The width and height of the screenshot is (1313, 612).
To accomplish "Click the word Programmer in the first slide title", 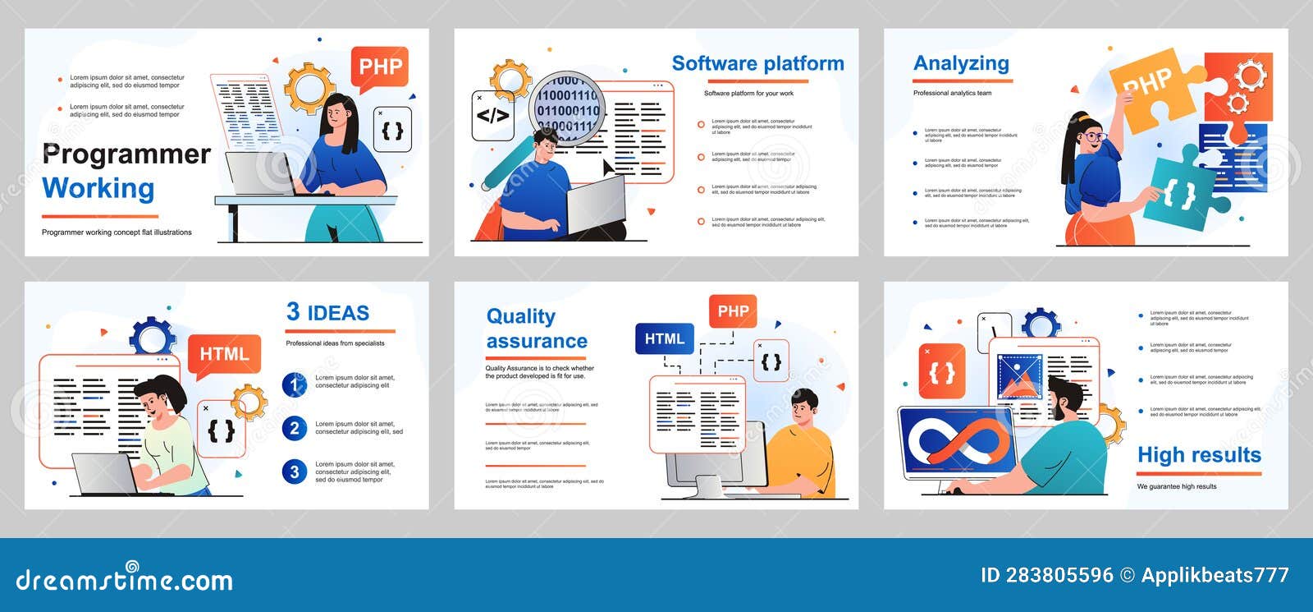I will point(126,154).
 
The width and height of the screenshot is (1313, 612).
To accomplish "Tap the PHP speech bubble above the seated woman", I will point(380,67).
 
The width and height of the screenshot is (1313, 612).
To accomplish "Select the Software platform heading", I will point(757,64).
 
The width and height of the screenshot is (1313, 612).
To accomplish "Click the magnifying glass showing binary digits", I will point(567,108).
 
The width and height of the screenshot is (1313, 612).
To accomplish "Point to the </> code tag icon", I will point(492,116).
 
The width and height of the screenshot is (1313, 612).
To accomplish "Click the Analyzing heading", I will point(961,63).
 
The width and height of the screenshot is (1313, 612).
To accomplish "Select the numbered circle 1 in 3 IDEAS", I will point(295,384).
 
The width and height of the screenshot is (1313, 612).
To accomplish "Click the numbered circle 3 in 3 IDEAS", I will point(295,472).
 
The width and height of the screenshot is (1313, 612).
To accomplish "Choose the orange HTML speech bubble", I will point(224,354).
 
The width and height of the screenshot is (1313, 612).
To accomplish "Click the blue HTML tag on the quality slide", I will point(665,338).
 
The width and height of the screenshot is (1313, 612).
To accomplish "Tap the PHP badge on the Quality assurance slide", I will point(733,311).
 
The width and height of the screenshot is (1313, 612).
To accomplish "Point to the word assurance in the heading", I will point(537,341).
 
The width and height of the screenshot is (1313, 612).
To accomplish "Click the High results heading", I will point(1198,455).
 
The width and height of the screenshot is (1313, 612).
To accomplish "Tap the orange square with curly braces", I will point(941,371).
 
